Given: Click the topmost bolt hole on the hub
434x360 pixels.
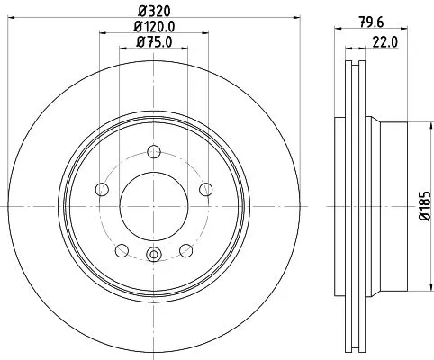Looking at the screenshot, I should pos(153,151).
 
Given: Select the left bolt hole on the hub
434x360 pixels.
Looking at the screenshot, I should pos(101,189).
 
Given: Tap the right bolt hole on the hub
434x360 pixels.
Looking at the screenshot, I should pos(206,189).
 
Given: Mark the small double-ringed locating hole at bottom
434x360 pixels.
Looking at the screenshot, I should pos(153,256).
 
